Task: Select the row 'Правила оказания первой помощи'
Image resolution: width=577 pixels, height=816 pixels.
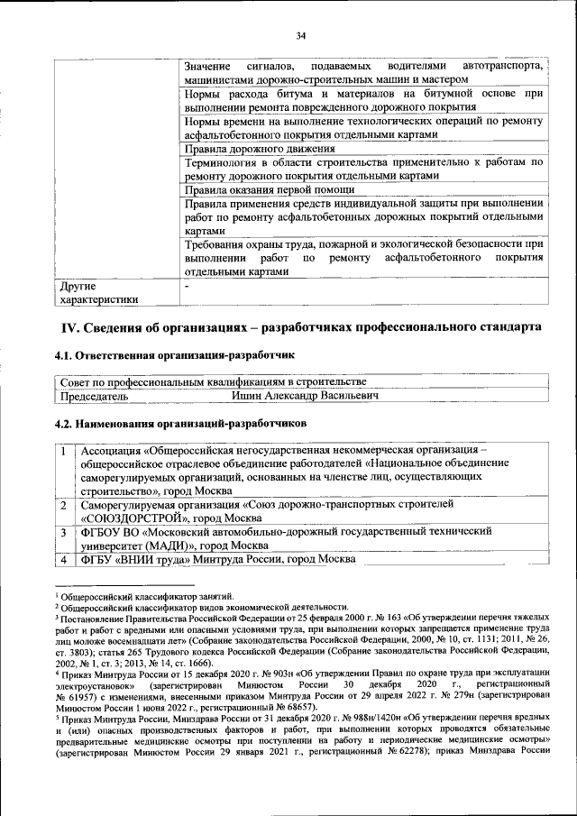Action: pos(270,190)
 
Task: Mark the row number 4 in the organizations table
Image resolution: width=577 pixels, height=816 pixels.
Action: pos(64,559)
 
